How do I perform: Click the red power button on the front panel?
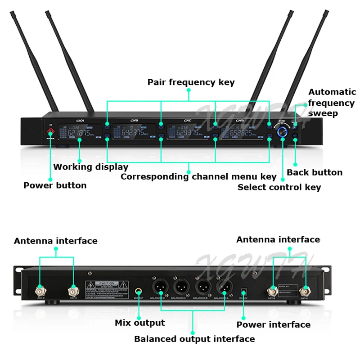(x=50, y=133)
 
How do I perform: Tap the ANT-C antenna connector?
(x=73, y=290)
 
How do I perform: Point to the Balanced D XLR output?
(x=160, y=287)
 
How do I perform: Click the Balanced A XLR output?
(x=223, y=287)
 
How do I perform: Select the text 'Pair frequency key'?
(x=191, y=82)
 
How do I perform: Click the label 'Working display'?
(x=90, y=167)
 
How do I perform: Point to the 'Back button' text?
(x=315, y=172)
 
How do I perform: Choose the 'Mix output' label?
(x=139, y=323)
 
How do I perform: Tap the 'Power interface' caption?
(x=273, y=324)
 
